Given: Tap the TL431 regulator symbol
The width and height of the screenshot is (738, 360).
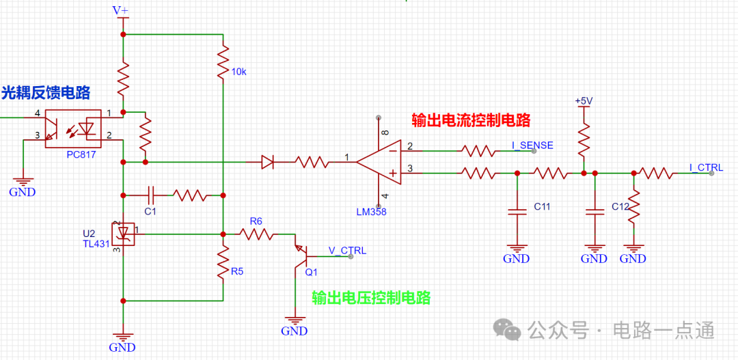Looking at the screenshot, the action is pos(123,233).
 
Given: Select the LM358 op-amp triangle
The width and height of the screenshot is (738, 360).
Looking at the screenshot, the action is pos(379,162).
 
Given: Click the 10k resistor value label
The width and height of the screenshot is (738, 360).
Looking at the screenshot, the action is pos(238,72).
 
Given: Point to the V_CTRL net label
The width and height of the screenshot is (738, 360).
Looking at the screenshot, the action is pos(347,250).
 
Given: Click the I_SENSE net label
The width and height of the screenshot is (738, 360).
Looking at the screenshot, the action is pos(532,146).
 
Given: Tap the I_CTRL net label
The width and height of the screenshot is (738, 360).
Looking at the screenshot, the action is pos(706,167).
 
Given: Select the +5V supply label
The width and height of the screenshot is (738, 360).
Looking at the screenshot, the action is pos(583,101).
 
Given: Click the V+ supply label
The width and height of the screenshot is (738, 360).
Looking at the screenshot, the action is pos(120,10).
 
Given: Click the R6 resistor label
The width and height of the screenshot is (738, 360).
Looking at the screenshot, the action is pos(256,221).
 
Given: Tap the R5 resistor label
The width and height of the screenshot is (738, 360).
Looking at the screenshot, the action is pos(237,271).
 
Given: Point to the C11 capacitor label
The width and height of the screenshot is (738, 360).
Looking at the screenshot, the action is pos(543,206).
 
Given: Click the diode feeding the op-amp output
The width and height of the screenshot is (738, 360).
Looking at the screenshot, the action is pos(267,163).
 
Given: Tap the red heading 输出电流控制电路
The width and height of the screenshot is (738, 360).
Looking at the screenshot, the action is pos(471,120).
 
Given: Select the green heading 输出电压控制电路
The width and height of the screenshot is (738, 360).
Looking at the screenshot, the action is pos(371,297).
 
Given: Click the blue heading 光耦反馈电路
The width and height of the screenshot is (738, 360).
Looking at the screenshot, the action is pos(46,93).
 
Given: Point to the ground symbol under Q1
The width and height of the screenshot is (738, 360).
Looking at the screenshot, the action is pos(295,322).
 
